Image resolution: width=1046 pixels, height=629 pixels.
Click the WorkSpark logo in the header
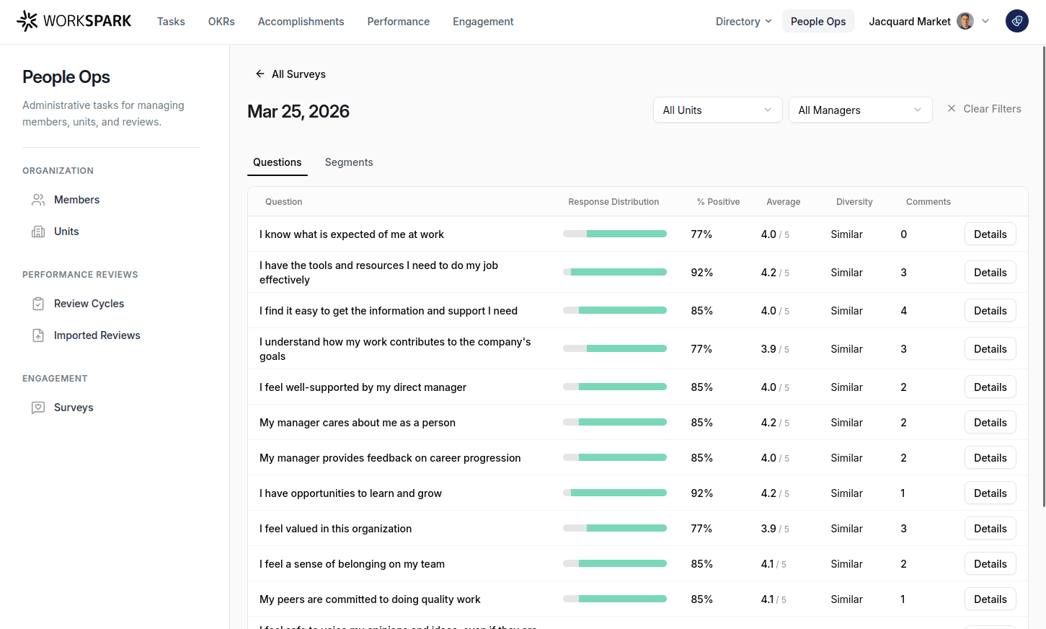point(74,22)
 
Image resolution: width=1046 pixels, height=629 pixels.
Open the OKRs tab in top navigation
point(221,22)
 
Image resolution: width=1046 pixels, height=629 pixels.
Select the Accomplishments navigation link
point(301,22)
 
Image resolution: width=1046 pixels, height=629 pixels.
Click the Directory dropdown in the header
point(743,22)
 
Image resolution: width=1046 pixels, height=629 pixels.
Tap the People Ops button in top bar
point(817,22)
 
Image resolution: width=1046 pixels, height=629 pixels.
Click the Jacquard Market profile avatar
point(965,22)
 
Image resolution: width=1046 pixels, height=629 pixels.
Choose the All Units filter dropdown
point(717,110)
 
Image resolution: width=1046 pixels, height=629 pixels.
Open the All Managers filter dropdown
point(859,110)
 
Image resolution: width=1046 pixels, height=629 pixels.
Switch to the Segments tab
point(349,162)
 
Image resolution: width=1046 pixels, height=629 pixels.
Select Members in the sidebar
point(76,200)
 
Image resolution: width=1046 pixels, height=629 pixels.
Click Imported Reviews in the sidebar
point(97,335)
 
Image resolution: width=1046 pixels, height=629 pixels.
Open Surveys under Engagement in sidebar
point(74,408)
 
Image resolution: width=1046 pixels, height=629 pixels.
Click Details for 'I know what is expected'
point(990,234)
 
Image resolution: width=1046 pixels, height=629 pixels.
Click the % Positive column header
point(718,202)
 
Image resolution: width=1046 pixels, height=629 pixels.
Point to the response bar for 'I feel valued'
point(614,529)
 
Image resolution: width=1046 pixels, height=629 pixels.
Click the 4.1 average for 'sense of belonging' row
point(768,564)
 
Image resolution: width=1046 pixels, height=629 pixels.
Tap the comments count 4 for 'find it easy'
point(903,311)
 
